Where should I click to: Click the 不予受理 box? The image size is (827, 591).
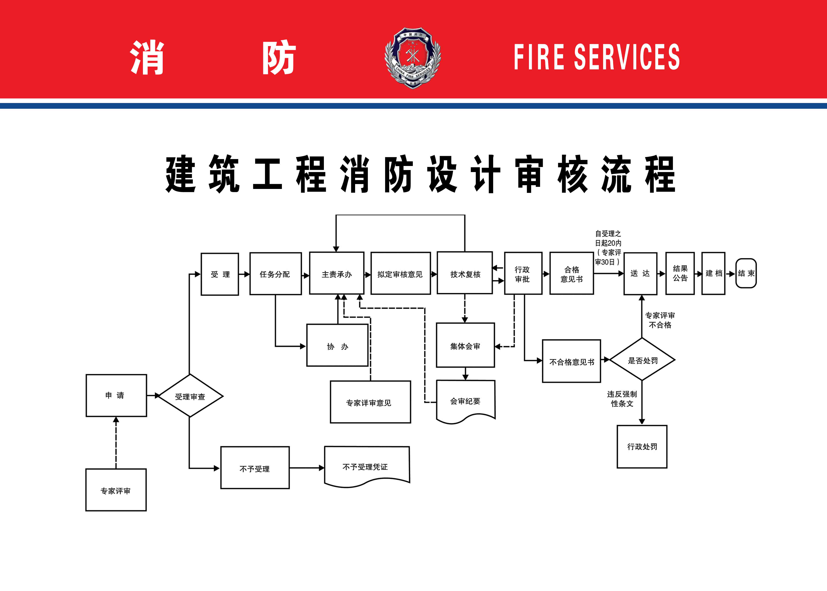click(x=255, y=468)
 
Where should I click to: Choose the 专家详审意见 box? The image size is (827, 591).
click(x=370, y=402)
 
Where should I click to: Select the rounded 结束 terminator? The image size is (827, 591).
click(x=746, y=273)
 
